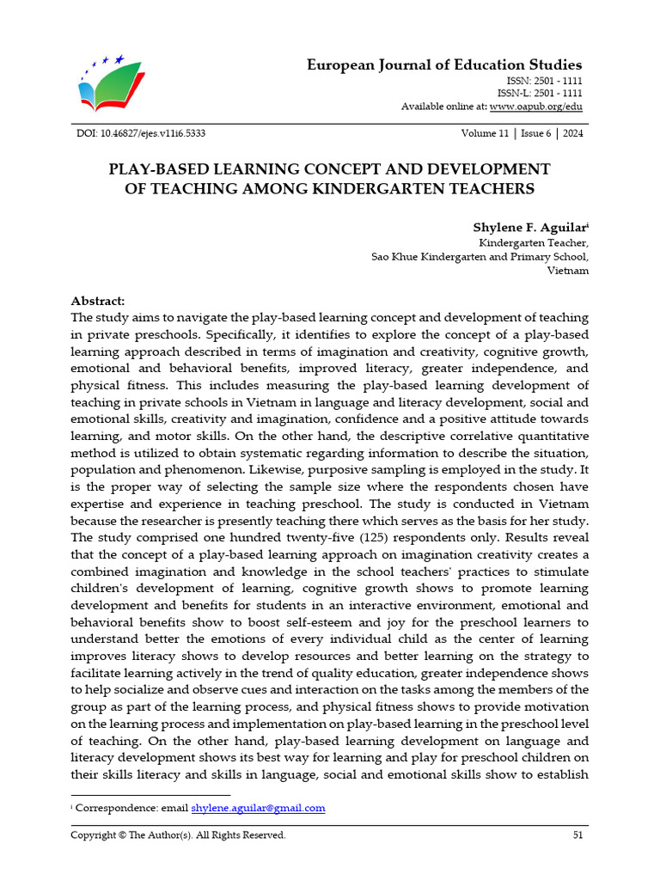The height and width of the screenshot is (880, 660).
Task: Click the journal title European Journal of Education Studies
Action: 444,65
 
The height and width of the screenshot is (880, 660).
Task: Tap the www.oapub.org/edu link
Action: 535,107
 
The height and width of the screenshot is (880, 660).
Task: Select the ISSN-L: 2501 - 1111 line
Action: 540,93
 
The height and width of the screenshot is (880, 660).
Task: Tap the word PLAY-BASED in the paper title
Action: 153,168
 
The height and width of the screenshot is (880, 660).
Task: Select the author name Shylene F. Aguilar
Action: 528,227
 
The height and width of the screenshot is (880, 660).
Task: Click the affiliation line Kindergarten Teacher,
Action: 533,242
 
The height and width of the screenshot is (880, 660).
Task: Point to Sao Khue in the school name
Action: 394,256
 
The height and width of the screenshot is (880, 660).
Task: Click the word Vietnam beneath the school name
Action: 567,270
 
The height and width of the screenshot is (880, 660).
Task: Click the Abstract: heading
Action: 97,301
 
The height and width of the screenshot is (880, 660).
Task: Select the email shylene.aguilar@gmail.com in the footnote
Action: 258,808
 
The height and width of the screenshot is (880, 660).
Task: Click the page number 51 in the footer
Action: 577,834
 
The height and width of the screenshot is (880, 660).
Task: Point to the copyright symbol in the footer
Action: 121,834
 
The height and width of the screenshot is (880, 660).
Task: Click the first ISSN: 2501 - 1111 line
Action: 545,80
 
